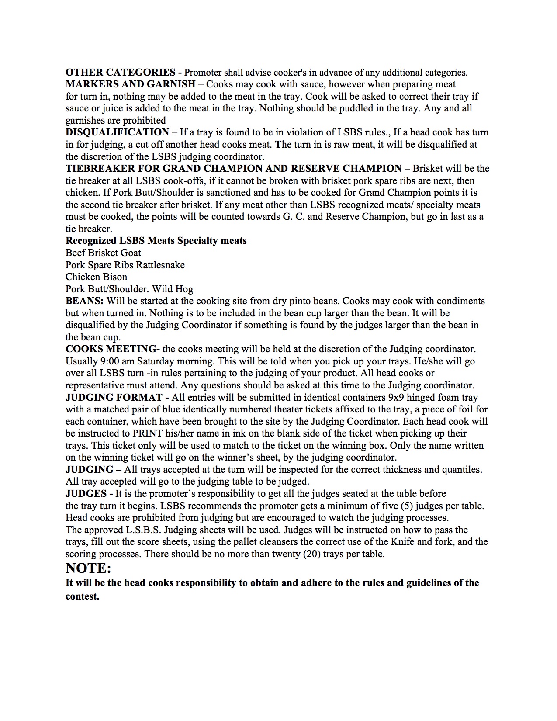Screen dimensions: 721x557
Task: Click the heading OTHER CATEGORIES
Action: [x=121, y=73]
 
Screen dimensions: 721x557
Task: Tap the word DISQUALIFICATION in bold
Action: [x=118, y=132]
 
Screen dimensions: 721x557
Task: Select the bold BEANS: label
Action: [x=85, y=301]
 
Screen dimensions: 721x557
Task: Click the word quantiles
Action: [x=460, y=470]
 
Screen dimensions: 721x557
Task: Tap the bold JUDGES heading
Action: [x=86, y=494]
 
